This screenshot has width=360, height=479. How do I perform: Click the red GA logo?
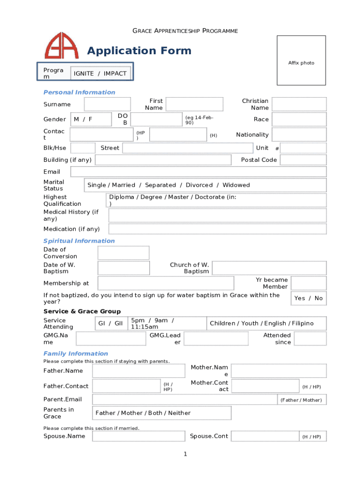click(62, 45)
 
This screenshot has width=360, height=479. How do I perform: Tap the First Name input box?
click(197, 104)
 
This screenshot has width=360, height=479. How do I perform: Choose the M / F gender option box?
click(91, 119)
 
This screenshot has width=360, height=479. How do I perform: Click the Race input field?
click(299, 119)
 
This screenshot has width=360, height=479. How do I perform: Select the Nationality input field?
click(299, 135)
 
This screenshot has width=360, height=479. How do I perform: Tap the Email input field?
click(198, 172)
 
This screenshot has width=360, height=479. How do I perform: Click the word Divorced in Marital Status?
click(199, 185)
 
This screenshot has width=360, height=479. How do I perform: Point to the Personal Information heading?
click(79, 92)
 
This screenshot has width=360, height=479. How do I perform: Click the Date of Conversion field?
click(123, 253)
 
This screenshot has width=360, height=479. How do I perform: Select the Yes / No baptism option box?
click(309, 298)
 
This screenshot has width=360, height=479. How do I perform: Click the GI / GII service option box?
click(110, 323)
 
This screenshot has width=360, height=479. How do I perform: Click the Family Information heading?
click(76, 354)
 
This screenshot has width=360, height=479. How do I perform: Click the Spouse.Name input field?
click(138, 436)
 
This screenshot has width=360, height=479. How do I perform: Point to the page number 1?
click(185, 454)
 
